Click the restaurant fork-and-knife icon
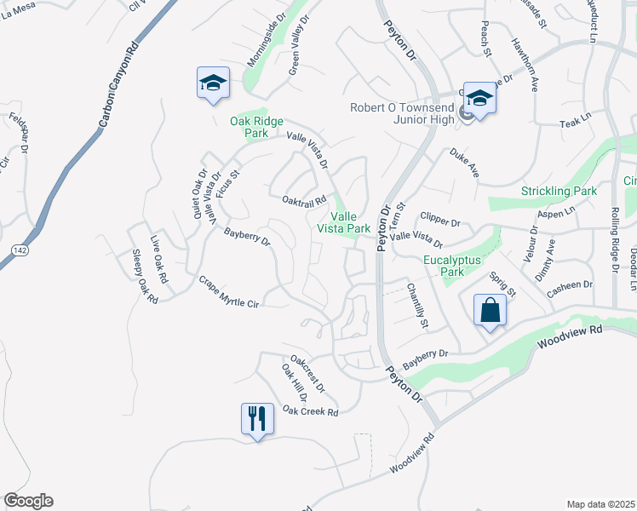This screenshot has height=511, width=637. (257, 418)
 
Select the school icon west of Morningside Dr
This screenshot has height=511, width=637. (213, 83)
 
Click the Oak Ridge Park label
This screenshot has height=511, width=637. (256, 128)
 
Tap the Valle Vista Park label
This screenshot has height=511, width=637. (344, 222)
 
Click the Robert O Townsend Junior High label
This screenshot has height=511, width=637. (404, 113)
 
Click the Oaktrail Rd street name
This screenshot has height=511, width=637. (304, 201)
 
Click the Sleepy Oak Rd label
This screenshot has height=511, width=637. (146, 276)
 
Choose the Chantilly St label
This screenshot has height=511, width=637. (416, 306)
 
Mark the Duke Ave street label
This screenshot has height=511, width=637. (465, 164)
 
